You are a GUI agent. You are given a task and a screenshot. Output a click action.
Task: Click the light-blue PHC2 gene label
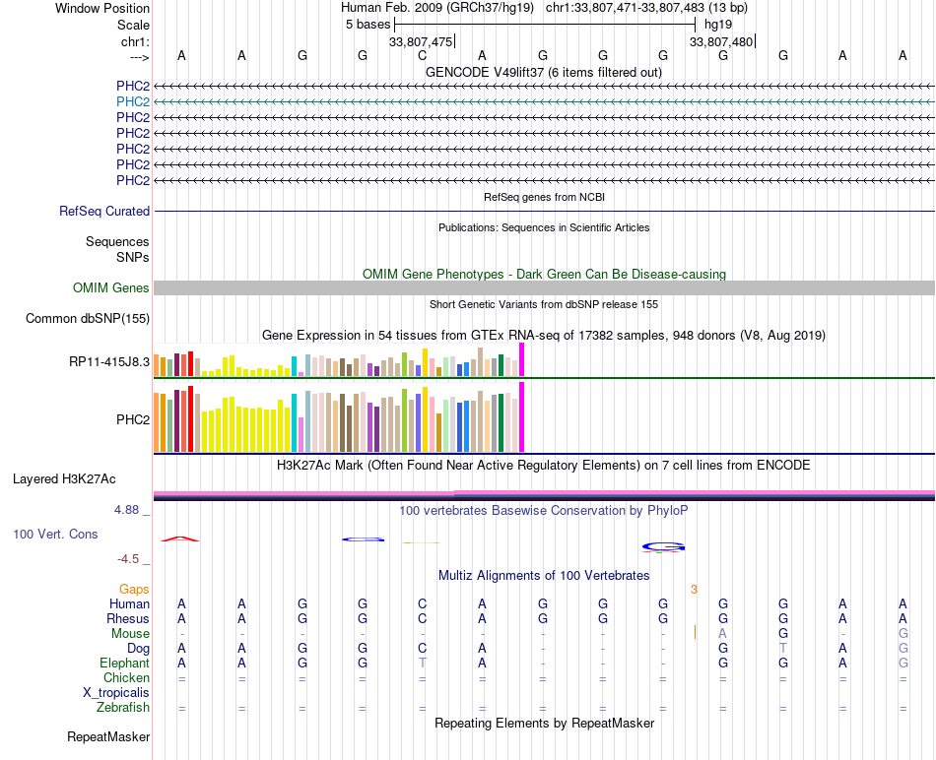(x=133, y=102)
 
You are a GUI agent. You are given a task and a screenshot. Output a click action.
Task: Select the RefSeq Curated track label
(x=104, y=212)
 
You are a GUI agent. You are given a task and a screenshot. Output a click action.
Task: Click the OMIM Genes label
(x=111, y=288)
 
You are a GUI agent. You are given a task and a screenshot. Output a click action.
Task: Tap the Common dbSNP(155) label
(x=87, y=319)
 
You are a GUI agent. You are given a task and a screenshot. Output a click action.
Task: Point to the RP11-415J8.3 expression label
(x=109, y=361)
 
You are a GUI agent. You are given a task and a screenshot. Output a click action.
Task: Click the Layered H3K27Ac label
(x=64, y=479)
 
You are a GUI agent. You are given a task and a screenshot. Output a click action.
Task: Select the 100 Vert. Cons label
(x=55, y=534)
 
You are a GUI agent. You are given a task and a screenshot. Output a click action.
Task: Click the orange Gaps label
(x=134, y=590)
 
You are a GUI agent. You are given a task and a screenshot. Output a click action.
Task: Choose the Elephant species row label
(x=124, y=664)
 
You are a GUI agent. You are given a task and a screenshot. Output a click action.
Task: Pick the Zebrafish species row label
(x=123, y=708)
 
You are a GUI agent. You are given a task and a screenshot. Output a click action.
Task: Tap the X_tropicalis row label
(x=116, y=693)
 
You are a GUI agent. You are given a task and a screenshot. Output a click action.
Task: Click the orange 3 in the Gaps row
(x=694, y=590)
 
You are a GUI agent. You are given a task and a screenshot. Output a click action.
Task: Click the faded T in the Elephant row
(x=423, y=664)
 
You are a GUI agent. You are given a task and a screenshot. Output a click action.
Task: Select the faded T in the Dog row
(x=783, y=649)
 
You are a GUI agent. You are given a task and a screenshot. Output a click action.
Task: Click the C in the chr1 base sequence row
(x=423, y=55)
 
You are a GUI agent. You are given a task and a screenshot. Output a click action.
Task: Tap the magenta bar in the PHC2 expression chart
(x=522, y=417)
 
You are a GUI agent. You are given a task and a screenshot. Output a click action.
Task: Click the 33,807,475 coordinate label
(x=421, y=41)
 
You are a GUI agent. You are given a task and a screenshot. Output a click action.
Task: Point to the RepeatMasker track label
(x=108, y=737)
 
